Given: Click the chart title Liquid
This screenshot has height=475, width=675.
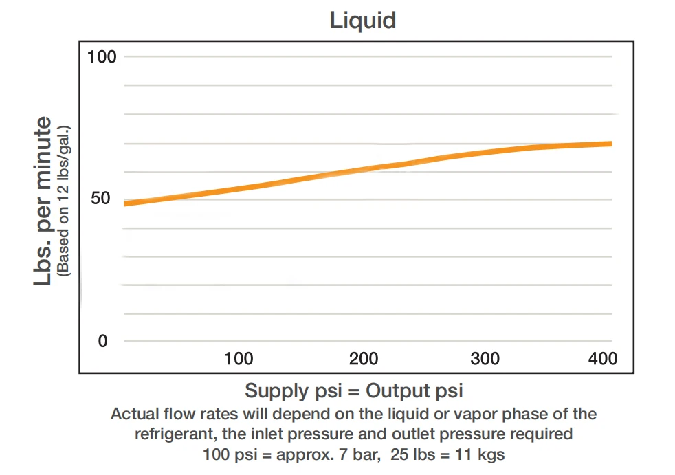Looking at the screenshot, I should pos(363,20).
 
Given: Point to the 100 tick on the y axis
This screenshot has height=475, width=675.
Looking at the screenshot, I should pos(102,56).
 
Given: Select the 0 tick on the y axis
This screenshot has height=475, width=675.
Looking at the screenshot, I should pos(103,341).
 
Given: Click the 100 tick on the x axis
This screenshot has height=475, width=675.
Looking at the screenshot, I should pos(239,359).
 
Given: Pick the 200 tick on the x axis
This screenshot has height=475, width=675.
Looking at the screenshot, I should pos(363,359).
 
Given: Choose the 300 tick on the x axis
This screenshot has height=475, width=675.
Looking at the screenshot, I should pos(485,359).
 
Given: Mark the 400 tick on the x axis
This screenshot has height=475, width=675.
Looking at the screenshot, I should pos(602,359).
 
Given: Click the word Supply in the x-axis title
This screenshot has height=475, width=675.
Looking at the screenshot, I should pos(276,391).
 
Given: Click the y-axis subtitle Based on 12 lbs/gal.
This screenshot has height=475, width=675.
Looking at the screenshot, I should pos(65,201).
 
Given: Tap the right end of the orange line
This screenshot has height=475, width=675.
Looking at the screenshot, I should pos(610,144).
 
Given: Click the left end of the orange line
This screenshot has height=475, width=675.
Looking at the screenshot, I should pos(125,203).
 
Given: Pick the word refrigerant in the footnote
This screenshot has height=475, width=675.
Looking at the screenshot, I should pos(170,434).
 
